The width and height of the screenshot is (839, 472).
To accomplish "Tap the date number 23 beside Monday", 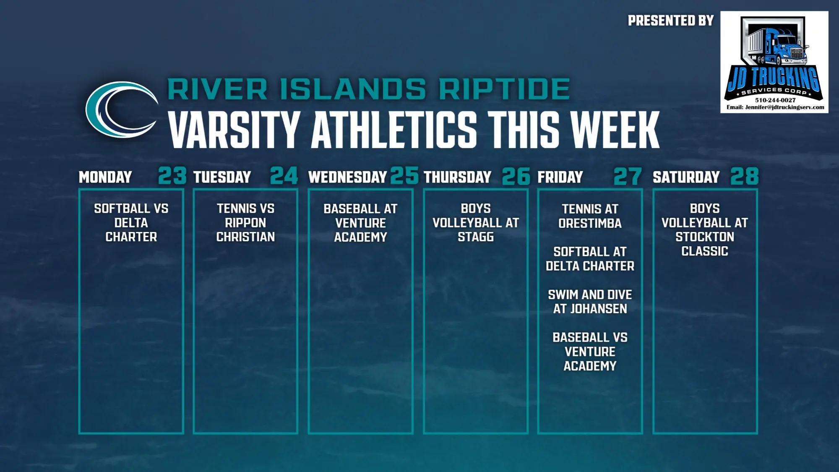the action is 172,176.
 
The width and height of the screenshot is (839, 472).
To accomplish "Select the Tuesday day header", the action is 222,177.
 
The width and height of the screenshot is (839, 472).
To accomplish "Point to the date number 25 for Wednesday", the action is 404,176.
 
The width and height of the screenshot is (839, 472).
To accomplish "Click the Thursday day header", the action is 457,177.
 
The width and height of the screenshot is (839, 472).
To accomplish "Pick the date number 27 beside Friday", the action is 628,176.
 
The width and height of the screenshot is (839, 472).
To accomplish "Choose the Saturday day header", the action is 686,177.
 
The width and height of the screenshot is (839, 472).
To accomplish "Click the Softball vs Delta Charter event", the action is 131,223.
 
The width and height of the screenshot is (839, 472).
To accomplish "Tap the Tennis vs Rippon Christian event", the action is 245,223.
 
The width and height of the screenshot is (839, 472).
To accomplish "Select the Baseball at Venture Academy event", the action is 360,223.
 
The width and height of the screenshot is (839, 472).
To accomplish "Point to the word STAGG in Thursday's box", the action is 476,237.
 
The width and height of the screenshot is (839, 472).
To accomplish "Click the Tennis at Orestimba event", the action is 590,216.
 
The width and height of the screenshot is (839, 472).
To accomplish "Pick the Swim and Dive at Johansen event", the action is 590,302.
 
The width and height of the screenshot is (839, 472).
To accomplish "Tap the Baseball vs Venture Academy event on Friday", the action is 590,352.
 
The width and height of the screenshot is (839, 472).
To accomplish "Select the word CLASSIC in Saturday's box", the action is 705,251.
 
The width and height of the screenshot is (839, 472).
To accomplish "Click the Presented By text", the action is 670,21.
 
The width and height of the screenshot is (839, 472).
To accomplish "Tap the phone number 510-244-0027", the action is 775,100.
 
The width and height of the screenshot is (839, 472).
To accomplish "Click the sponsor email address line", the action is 775,107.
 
